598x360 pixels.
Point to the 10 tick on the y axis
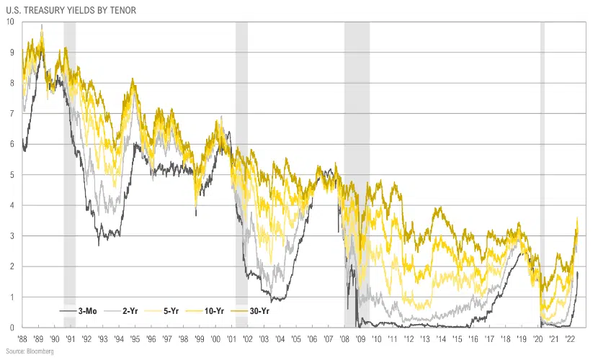(x=9, y=22)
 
